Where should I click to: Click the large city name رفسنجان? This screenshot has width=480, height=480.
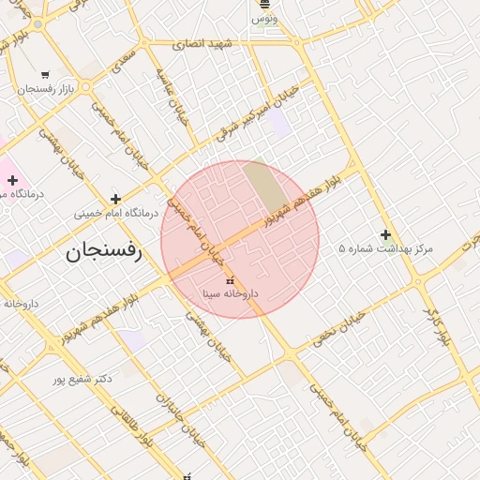click(x=103, y=251)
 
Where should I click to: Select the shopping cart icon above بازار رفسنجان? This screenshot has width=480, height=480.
click(x=45, y=74)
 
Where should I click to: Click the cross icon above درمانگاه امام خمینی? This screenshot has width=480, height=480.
click(x=115, y=199)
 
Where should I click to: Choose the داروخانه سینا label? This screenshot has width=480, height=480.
click(x=231, y=293)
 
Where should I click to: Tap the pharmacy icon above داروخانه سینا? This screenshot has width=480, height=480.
click(x=230, y=280)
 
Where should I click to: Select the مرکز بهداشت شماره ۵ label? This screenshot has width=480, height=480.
click(x=386, y=249)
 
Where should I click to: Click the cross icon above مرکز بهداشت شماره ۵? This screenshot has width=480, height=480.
click(x=385, y=234)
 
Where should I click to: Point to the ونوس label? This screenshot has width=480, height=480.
click(x=263, y=19)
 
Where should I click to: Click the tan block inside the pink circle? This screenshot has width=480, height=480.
click(x=267, y=187)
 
